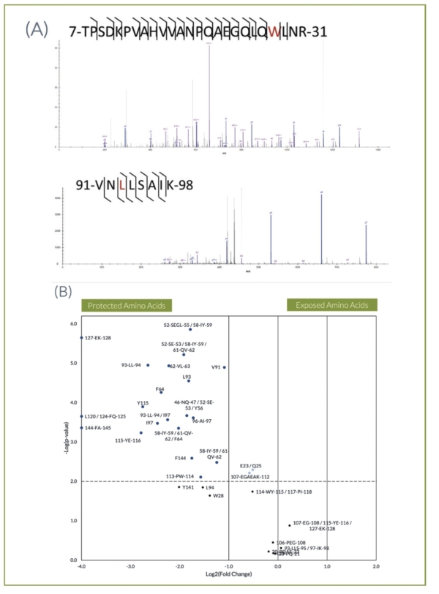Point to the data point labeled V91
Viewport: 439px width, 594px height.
(224, 367)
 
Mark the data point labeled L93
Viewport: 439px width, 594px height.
(189, 380)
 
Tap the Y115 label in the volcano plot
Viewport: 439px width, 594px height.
(143, 403)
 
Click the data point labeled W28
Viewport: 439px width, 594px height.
(209, 495)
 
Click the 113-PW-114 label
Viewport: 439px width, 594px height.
(180, 476)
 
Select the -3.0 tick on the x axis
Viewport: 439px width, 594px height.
(130, 566)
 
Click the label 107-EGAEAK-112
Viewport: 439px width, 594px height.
(251, 477)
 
